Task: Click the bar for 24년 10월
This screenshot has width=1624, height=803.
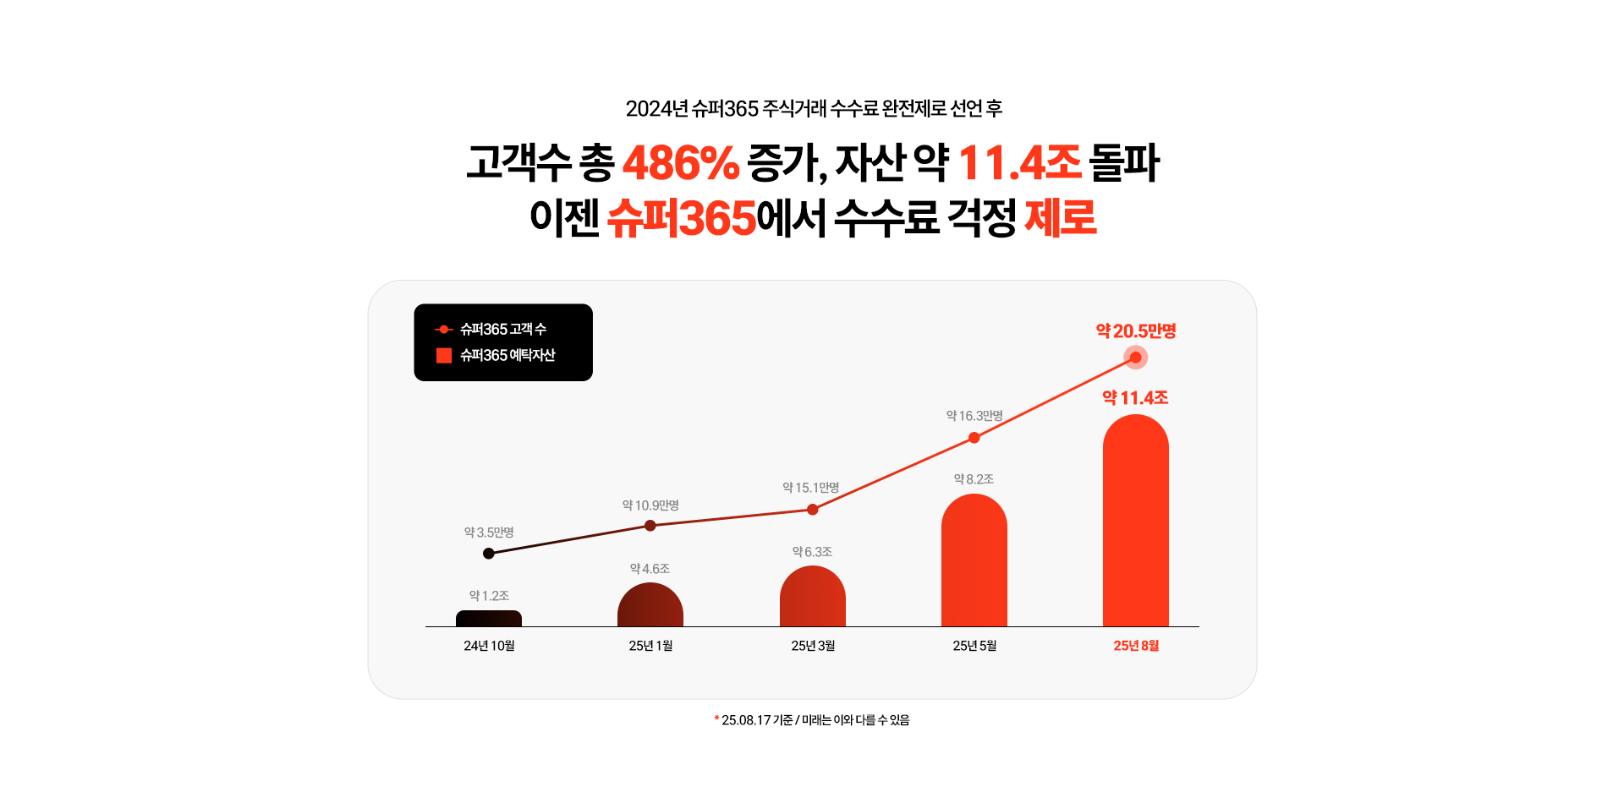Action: pos(489,619)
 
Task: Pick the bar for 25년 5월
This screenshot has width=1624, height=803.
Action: pos(974,561)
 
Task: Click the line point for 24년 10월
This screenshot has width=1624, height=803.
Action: pos(489,554)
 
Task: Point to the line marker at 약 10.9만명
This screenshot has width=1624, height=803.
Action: pos(650,526)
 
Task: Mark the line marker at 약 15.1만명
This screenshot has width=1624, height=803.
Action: pos(813,510)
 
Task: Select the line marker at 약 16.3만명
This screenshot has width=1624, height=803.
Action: pos(974,438)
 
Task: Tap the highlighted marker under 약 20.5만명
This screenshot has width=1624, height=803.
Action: pos(1136,358)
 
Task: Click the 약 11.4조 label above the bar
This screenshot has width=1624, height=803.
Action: pos(1135,398)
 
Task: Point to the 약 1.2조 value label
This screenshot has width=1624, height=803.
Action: pos(489,596)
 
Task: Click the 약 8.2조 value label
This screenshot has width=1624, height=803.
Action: pos(974,479)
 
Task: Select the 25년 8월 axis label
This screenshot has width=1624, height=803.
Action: pos(1136,646)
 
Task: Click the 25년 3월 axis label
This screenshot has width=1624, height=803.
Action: pos(813,646)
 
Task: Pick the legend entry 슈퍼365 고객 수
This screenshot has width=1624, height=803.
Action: pos(502,329)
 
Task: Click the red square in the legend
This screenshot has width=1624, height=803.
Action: pos(443,356)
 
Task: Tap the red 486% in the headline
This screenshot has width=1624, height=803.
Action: pos(681,163)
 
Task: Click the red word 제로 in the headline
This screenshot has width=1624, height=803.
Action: pos(1061,218)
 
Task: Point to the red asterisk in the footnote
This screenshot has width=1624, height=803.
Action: pos(716,718)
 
